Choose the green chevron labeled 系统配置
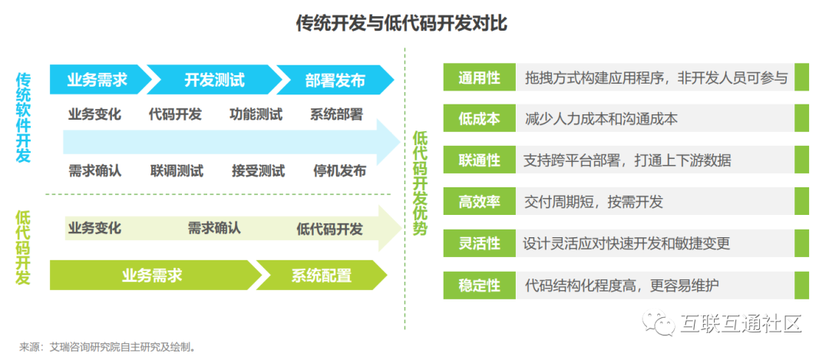(x=321, y=276)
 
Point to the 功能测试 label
(x=256, y=114)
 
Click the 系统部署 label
(x=336, y=114)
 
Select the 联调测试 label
(x=177, y=170)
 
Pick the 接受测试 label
(x=258, y=170)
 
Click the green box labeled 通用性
(x=479, y=78)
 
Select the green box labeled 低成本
(x=479, y=119)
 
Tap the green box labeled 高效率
(x=479, y=202)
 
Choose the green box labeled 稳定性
(x=479, y=286)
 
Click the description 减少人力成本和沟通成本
(x=601, y=119)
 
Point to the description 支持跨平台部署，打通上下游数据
(x=627, y=160)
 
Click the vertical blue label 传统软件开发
(x=24, y=117)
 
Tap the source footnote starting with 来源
(x=107, y=347)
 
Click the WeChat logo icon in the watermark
(x=659, y=323)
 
